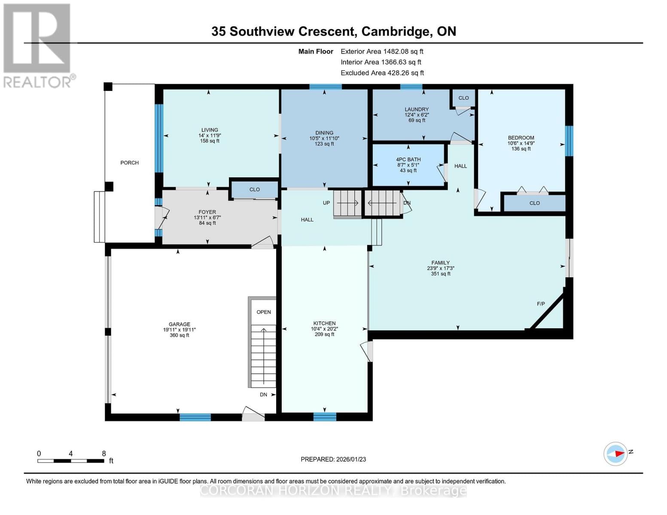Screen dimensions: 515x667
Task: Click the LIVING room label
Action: point(210,130)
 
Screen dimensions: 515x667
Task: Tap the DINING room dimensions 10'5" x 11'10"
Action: point(324,139)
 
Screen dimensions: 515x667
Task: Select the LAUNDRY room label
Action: point(416,109)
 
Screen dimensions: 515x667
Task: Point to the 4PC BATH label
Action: point(408,160)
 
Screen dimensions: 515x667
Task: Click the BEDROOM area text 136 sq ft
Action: point(521,149)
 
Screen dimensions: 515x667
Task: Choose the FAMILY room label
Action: point(440,263)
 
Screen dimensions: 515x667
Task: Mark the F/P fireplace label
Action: point(541,304)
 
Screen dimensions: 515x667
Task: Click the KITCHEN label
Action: point(324,323)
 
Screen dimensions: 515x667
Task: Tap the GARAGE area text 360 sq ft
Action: point(179,335)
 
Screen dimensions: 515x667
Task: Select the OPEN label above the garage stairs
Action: point(264,312)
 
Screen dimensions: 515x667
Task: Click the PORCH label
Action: point(129,163)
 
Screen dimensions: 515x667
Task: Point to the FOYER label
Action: point(207,212)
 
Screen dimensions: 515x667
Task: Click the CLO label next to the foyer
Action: point(254,189)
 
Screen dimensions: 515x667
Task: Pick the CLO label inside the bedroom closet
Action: point(534,203)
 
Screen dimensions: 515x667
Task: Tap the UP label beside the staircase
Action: point(326,203)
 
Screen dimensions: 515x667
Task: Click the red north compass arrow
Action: point(618,453)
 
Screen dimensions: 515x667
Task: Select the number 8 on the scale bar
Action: point(104,454)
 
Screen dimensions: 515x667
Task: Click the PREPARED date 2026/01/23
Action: point(350,459)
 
